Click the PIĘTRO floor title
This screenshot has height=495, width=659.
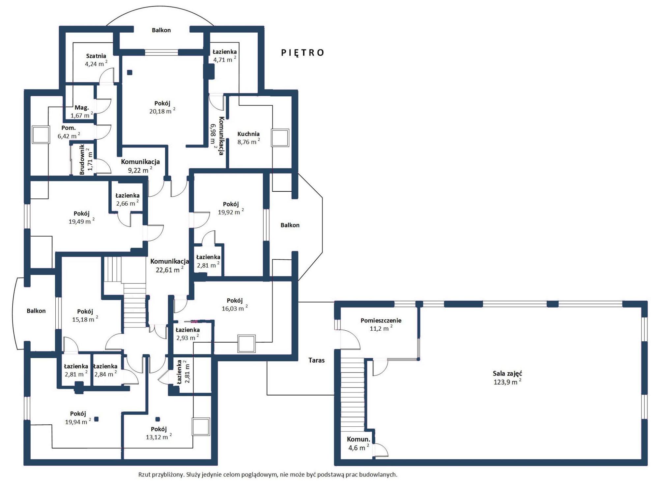point(302,53)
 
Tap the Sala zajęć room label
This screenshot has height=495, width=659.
point(507,374)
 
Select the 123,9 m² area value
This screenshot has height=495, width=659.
point(507,382)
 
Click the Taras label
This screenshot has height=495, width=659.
point(316,360)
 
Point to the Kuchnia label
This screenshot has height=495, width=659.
point(248,134)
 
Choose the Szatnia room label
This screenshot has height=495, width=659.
point(96,56)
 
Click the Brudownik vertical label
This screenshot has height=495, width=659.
point(82,159)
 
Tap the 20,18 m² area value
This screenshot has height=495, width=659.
point(162,111)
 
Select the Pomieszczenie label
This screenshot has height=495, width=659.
point(381,320)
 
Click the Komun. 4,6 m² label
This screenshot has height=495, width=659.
point(358,444)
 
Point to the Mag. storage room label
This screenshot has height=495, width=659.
point(82,108)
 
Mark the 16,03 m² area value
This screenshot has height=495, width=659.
point(235,308)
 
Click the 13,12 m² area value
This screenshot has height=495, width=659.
point(159,437)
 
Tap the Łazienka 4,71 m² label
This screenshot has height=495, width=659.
point(225,56)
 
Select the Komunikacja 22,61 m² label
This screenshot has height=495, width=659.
point(169,266)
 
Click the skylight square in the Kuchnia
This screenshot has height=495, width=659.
point(280,138)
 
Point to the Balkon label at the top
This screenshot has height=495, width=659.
point(161,30)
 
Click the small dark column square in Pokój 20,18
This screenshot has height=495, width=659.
point(130,73)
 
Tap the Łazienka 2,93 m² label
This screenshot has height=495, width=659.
point(187,334)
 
